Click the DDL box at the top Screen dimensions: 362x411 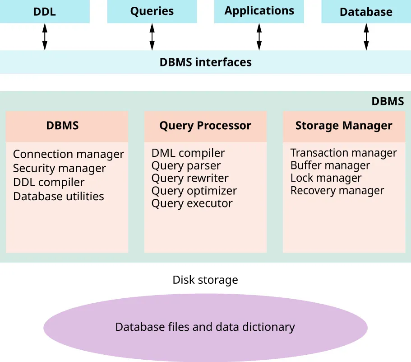(x=45, y=12)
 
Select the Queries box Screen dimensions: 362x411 (x=152, y=11)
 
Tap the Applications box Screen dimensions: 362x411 (x=259, y=11)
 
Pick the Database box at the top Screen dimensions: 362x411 (x=366, y=12)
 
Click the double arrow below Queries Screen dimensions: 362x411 (x=152, y=37)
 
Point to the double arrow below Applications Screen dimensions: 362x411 (x=259, y=37)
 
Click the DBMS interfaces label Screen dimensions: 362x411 (x=205, y=62)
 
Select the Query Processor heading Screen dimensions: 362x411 (x=205, y=126)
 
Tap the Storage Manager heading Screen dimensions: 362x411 (x=344, y=126)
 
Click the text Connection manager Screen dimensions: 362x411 (x=68, y=155)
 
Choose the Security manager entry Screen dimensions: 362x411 (x=59, y=169)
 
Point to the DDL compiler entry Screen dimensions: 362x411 (x=49, y=183)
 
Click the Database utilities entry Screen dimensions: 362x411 (x=59, y=197)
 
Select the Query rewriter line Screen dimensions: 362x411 (x=190, y=178)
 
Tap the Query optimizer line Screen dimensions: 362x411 (x=194, y=191)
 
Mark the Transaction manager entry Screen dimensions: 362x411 (x=343, y=153)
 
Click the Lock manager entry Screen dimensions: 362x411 (x=326, y=178)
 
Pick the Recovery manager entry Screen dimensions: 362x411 (x=337, y=191)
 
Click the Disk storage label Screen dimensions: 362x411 (x=205, y=280)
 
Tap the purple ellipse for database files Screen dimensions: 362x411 (x=205, y=327)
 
